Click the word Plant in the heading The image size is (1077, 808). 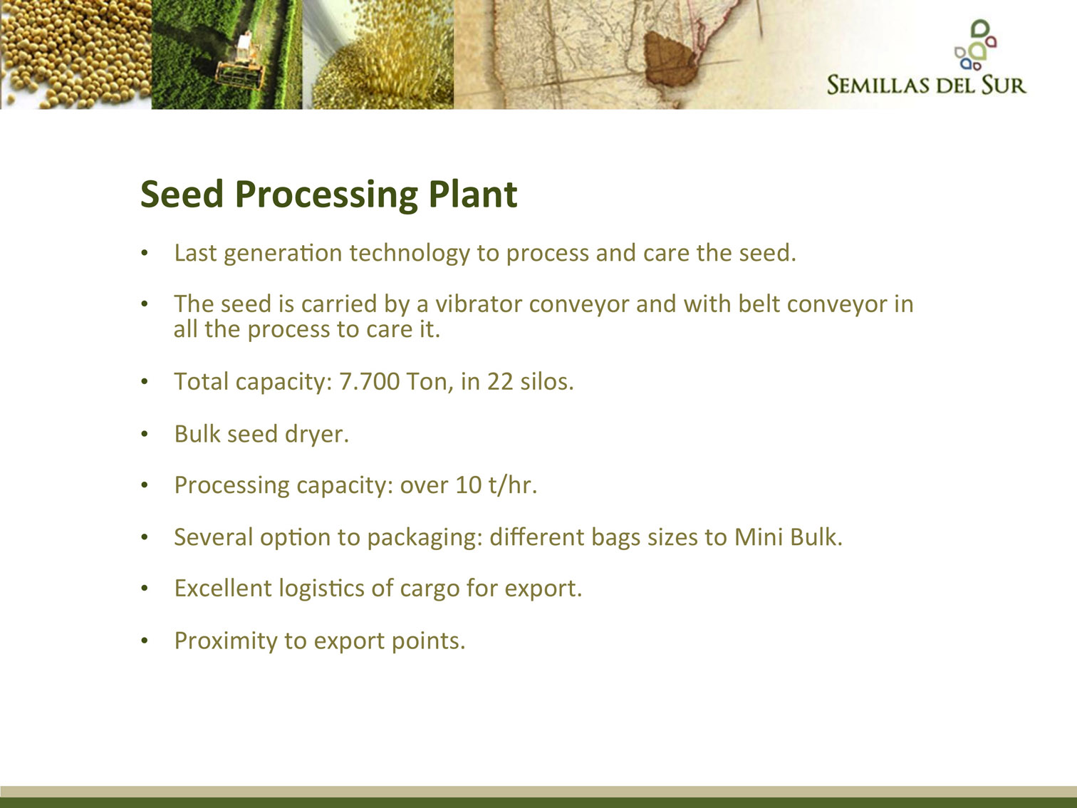tap(472, 195)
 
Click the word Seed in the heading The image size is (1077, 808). tap(182, 195)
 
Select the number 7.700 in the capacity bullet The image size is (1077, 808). tap(369, 382)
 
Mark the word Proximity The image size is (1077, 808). tap(226, 641)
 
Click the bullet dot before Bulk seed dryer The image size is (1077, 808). tap(145, 434)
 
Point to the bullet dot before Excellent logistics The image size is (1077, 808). tap(145, 589)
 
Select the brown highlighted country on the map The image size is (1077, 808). tap(670, 58)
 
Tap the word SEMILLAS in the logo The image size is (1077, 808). tap(878, 85)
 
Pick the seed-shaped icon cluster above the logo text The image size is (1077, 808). tap(975, 45)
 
